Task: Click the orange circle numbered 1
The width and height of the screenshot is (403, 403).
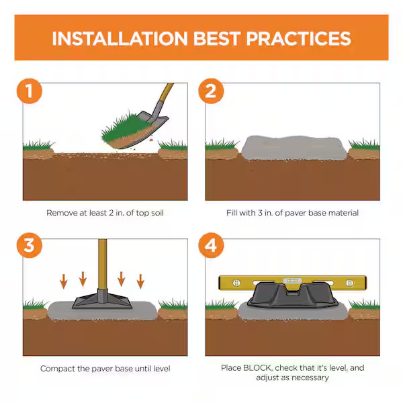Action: click(30, 91)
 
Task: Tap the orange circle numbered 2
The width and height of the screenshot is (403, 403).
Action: click(211, 91)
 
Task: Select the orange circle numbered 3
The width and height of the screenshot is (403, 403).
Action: click(30, 245)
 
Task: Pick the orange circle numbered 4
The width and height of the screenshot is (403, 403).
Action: click(211, 245)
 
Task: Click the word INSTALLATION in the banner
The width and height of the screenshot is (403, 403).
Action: click(120, 38)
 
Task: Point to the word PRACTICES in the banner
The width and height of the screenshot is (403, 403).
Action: click(299, 38)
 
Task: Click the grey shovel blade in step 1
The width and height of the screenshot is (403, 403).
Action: click(152, 124)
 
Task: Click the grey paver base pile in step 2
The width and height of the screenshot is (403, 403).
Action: click(294, 148)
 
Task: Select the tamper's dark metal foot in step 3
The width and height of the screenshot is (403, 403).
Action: click(102, 300)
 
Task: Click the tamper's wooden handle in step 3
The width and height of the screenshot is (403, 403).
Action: click(103, 264)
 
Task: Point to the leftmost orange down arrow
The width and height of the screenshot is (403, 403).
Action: click(64, 281)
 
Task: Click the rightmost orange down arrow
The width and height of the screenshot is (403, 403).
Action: click(140, 281)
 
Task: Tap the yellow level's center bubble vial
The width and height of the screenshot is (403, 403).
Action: click(292, 281)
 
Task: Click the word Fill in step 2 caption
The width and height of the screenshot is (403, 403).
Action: click(230, 213)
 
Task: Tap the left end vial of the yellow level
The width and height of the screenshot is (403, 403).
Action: click(236, 283)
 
